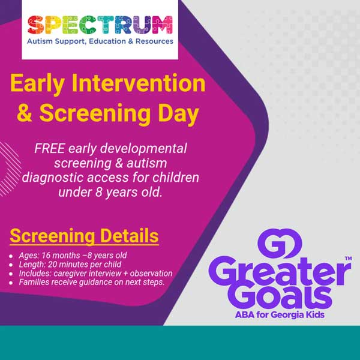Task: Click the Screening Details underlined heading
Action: pos(84,235)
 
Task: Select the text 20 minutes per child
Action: pos(88,264)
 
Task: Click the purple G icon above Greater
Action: pos(280,245)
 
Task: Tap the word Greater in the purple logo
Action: pos(281,274)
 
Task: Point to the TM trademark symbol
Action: pos(348,259)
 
